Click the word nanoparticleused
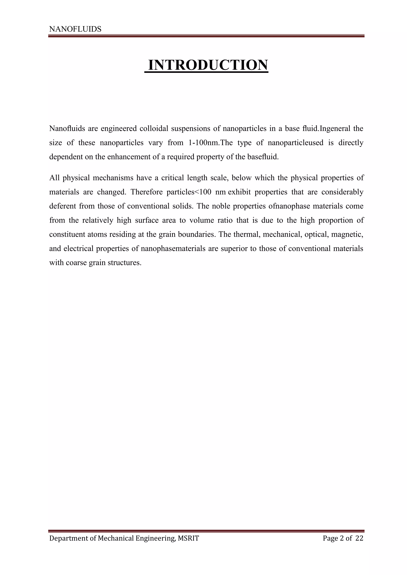[296, 143]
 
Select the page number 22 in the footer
[359, 538]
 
